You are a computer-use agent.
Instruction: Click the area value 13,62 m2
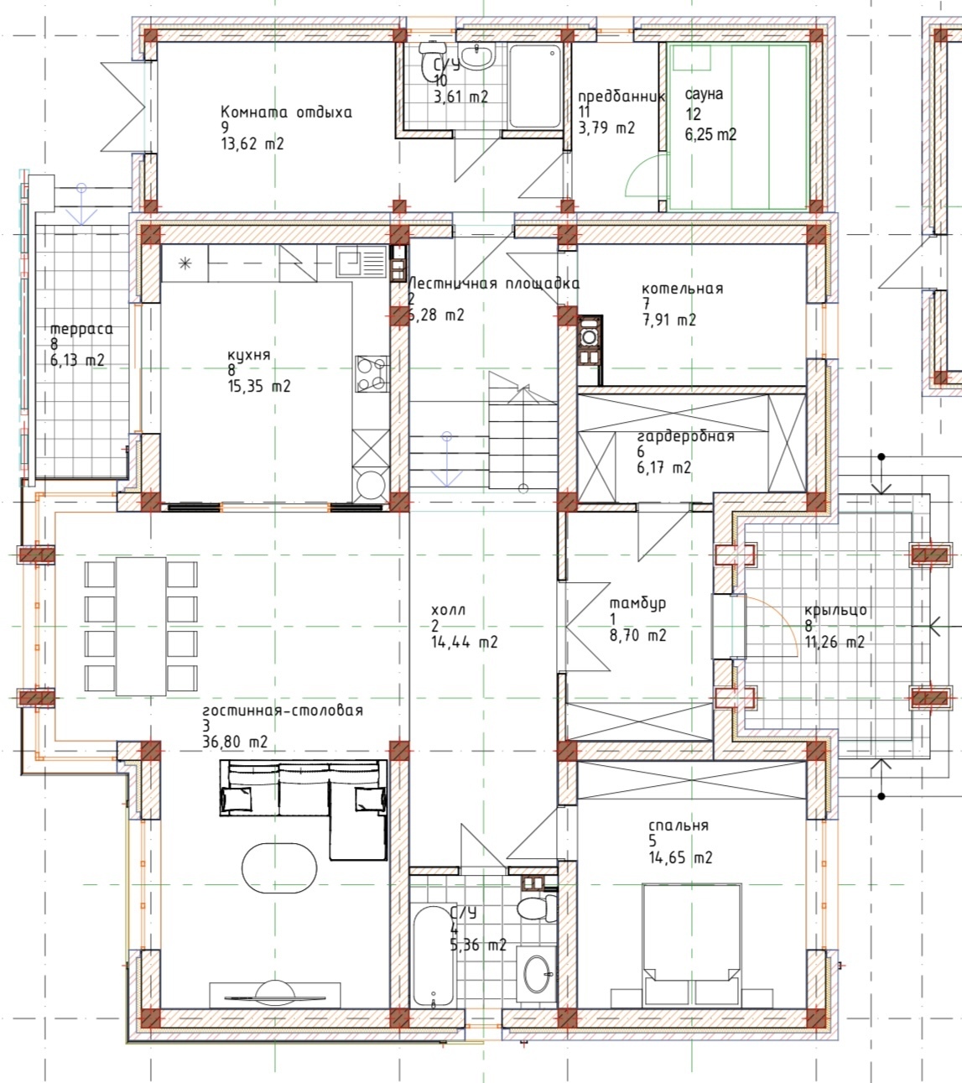click(x=252, y=143)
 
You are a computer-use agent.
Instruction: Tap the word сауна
click(x=704, y=94)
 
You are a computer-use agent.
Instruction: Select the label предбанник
click(x=621, y=96)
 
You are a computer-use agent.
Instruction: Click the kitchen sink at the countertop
click(x=361, y=261)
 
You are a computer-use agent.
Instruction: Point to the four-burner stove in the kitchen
click(x=372, y=374)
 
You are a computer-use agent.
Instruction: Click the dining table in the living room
click(x=141, y=627)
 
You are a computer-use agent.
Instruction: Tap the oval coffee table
click(x=279, y=868)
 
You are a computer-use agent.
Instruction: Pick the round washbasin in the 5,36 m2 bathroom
click(x=537, y=974)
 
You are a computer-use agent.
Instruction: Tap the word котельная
click(x=683, y=289)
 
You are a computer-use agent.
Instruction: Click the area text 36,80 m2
click(x=235, y=742)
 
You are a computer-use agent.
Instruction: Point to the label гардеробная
click(x=686, y=436)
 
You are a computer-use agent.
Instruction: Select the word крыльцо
click(x=836, y=610)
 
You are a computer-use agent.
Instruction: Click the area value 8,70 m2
click(x=637, y=635)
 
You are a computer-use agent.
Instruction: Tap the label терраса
click(x=81, y=329)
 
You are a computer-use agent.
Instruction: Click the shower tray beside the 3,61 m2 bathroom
click(x=535, y=86)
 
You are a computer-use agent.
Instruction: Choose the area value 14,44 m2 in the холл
click(x=464, y=642)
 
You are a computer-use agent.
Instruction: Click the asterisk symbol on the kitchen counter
click(x=185, y=263)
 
